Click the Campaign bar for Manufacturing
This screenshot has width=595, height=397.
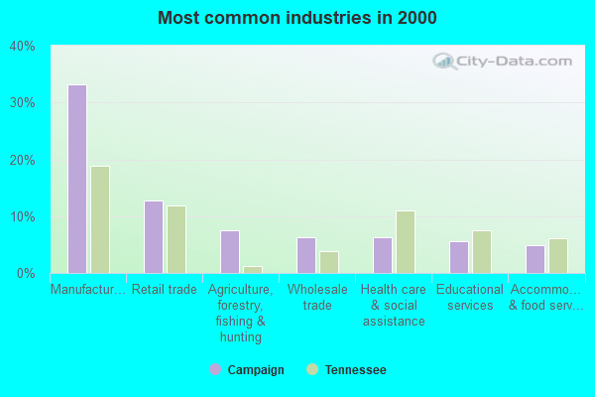77,179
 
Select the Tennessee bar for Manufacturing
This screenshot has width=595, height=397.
100,219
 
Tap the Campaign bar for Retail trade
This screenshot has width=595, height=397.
154,237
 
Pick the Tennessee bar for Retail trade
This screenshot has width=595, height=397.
177,239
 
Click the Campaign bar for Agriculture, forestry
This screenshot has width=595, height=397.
230,252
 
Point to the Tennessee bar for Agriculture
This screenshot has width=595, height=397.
253,269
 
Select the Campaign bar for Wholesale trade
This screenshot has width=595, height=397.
306,255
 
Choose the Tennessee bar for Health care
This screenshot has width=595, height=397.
406,242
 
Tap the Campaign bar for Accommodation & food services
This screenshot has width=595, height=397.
535,259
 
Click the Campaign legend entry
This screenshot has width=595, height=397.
247,370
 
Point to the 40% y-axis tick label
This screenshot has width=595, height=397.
22,46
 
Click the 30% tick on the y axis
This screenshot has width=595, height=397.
22,103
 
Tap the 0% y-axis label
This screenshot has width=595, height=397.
26,274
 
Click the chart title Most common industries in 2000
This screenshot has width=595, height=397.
297,18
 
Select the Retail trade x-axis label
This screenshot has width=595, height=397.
165,290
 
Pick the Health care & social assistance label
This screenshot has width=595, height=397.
394,306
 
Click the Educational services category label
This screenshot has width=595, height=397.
470,298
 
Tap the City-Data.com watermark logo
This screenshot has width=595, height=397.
506,61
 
